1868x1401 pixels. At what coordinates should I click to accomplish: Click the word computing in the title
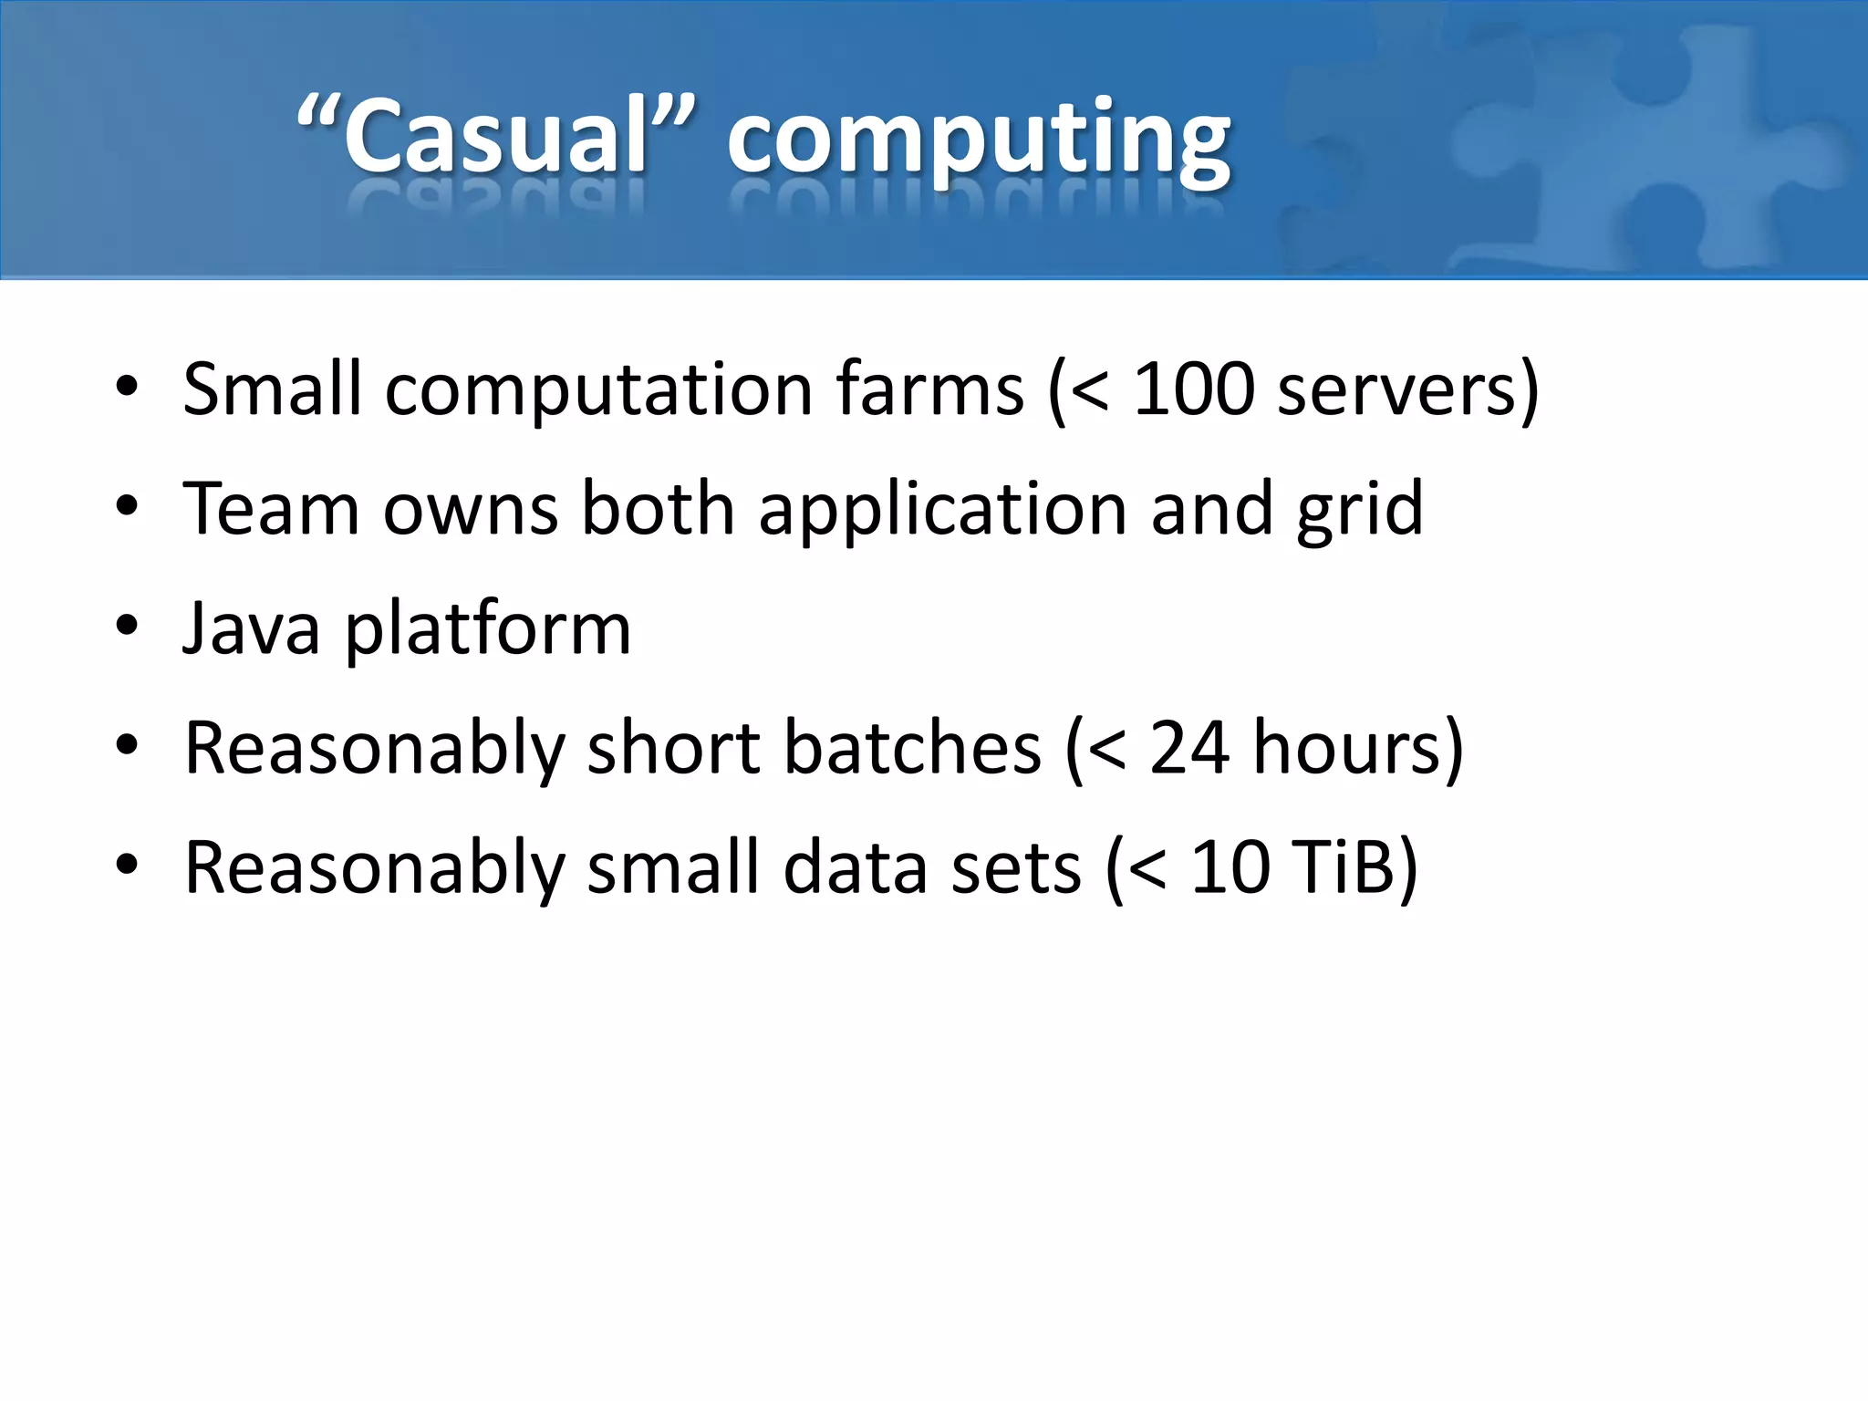click(979, 141)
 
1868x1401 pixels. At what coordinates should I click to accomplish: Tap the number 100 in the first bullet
click(1193, 389)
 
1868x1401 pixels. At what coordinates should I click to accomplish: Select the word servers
click(1396, 391)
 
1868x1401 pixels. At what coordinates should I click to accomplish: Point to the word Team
click(271, 509)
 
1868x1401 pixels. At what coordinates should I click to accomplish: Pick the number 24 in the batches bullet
click(1188, 748)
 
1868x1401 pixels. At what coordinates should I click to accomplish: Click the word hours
click(1346, 748)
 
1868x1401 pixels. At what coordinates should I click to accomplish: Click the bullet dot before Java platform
click(127, 627)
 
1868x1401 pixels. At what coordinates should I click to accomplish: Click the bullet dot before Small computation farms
click(127, 387)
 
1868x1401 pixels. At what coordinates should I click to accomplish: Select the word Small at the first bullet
click(272, 389)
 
